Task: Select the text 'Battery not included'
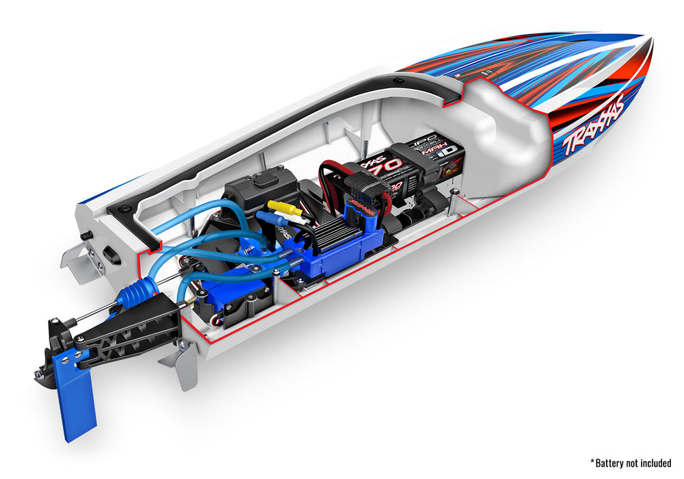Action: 630,463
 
